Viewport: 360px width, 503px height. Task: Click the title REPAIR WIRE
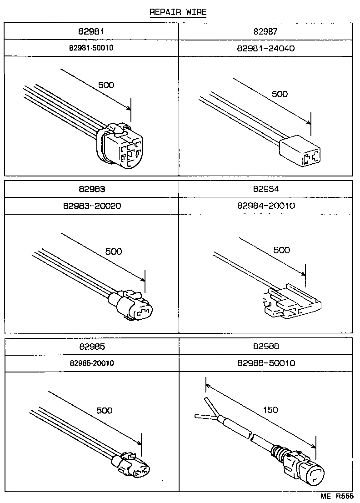pos(178,12)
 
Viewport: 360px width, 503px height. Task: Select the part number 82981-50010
pos(92,47)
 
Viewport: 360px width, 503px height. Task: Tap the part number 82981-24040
pos(266,47)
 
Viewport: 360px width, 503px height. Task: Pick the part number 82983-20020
pos(92,206)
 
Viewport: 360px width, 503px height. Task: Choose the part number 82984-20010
pos(266,206)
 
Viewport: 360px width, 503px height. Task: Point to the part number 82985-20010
pos(92,363)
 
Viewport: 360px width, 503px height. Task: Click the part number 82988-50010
pos(266,363)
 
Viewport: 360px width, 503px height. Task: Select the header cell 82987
pos(266,31)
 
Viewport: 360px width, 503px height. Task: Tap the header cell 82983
pos(92,189)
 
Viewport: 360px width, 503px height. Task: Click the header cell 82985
pos(92,347)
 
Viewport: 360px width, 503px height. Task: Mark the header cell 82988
pos(266,347)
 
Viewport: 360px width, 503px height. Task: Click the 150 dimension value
pos(270,410)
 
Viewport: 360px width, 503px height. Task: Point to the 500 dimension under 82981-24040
pos(280,94)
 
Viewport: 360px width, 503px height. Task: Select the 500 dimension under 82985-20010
pos(104,410)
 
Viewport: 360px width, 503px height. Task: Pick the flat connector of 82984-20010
pos(289,304)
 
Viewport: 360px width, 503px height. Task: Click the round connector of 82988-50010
pos(307,471)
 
